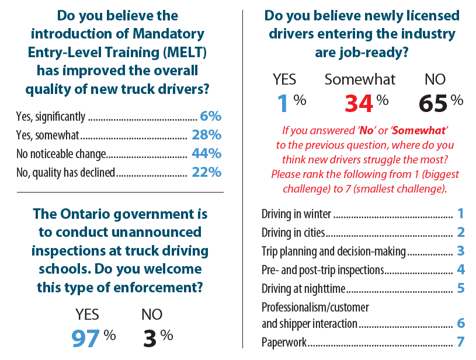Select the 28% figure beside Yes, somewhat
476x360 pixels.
206,135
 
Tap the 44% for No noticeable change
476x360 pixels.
206,154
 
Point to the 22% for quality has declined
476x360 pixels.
206,172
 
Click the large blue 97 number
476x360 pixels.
85,339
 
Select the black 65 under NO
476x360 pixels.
433,103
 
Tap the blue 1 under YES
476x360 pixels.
283,103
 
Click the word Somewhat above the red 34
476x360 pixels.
360,79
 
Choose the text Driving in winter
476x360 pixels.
296,214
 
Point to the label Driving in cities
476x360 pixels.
293,233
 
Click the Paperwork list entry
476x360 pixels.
284,342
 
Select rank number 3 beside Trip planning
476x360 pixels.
461,251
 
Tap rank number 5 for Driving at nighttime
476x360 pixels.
461,288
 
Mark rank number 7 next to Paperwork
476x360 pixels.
461,342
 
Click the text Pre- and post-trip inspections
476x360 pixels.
322,270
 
